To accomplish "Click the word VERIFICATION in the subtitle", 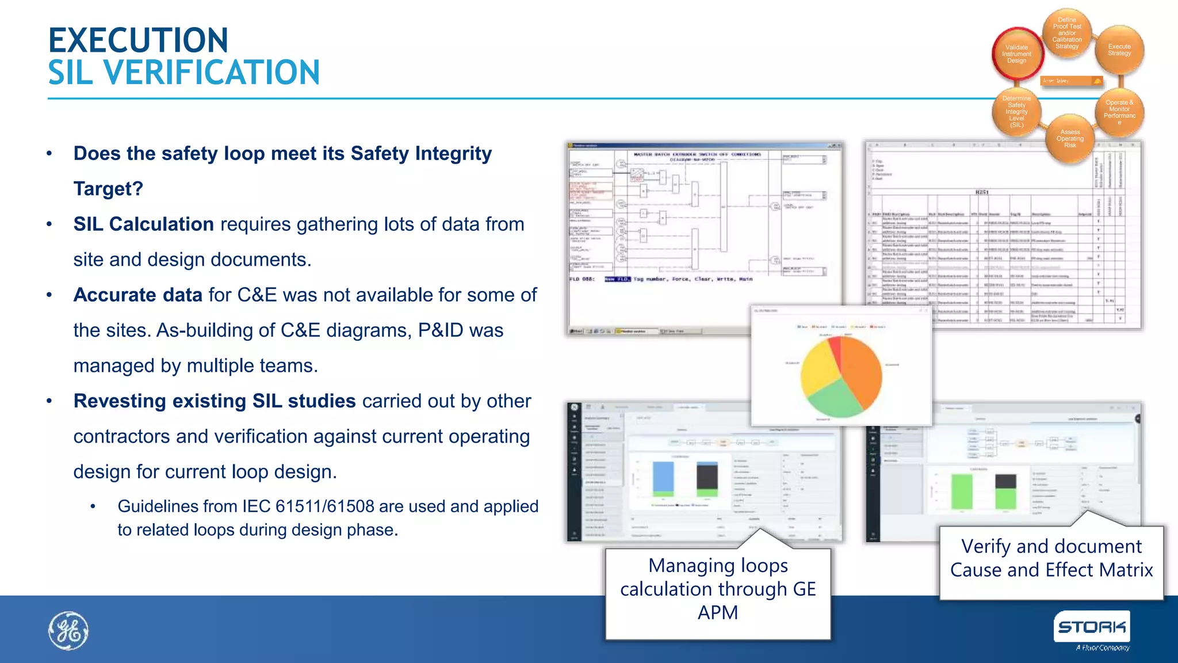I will (x=211, y=73).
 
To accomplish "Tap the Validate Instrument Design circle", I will (x=1016, y=54).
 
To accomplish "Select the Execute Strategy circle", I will (x=1119, y=50).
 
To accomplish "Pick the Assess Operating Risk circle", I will (x=1069, y=139).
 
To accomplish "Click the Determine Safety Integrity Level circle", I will (x=1016, y=112).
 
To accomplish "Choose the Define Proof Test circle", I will (x=1066, y=33).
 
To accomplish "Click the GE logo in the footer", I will (x=68, y=631).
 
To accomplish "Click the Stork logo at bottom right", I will (x=1091, y=627).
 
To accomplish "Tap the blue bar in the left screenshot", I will (x=663, y=476).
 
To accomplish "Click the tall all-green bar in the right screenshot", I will (x=961, y=491).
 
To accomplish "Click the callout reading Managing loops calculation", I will (x=718, y=589).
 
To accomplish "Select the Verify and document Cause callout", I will (x=1051, y=558).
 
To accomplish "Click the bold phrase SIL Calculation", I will (x=144, y=224).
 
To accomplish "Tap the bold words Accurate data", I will (x=138, y=295).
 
